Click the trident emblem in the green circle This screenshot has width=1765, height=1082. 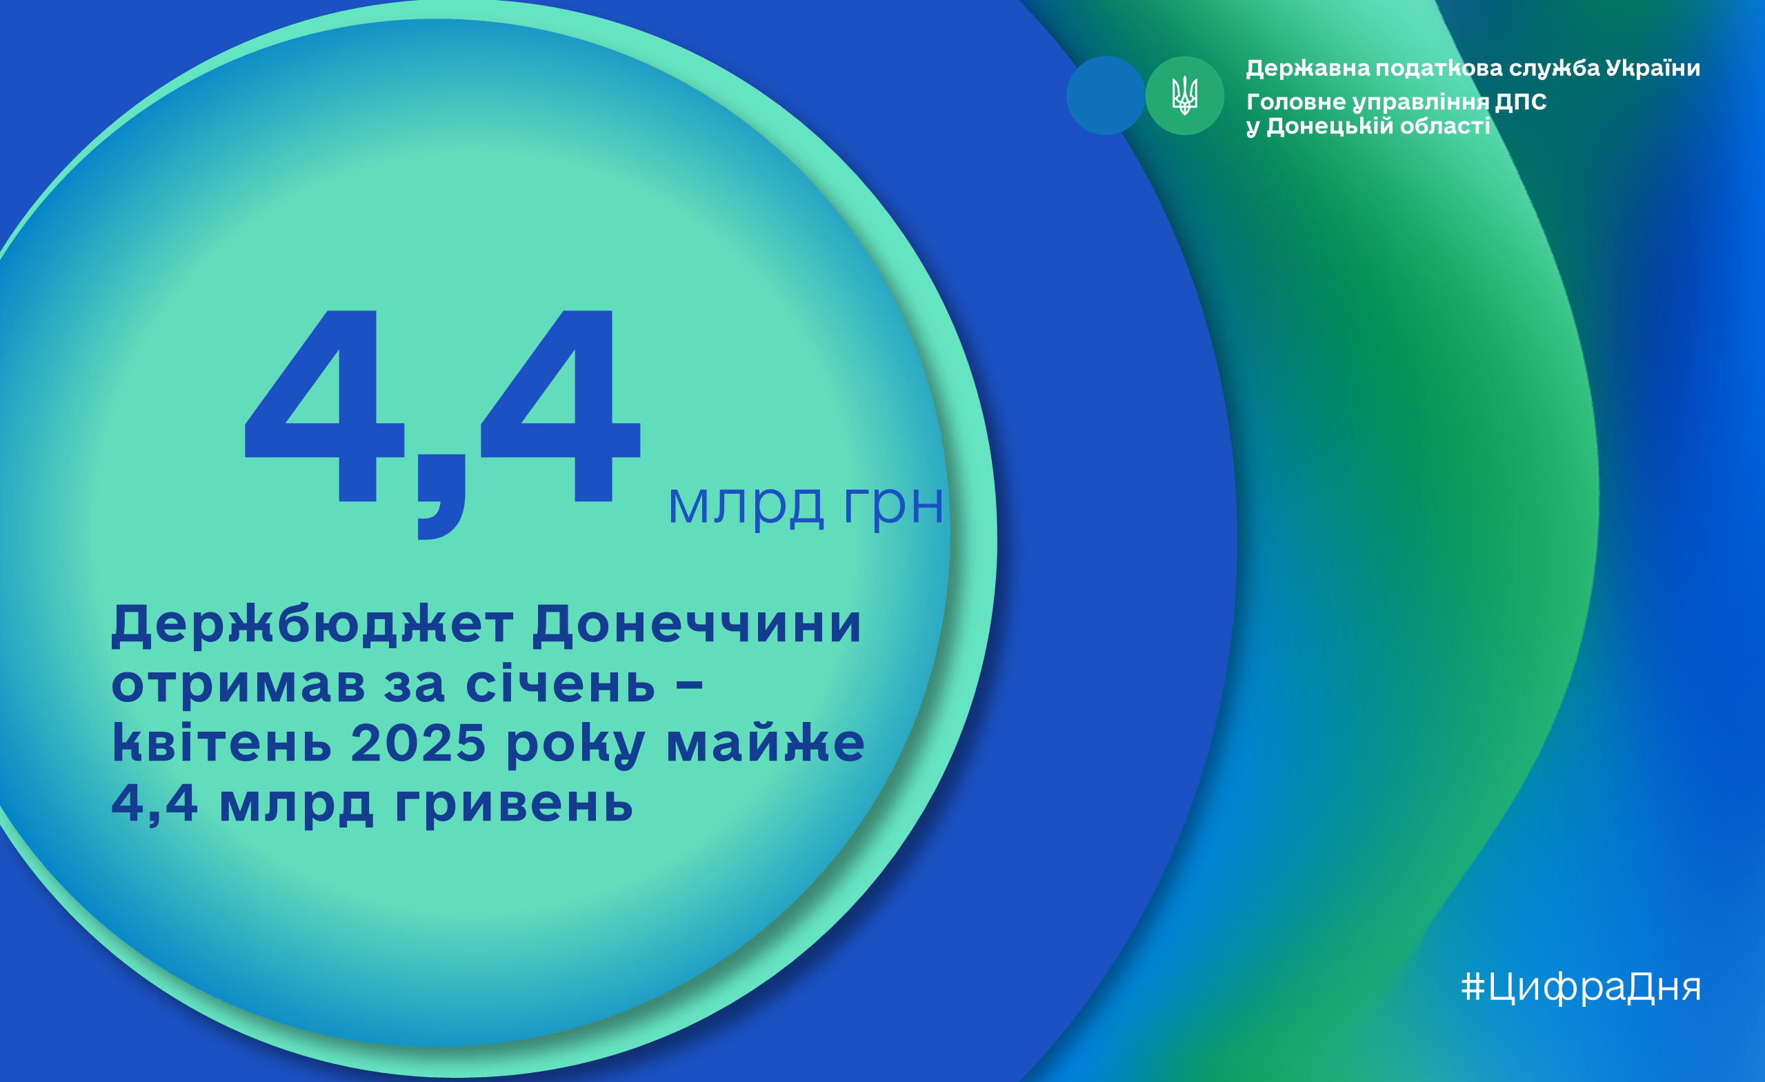(1185, 95)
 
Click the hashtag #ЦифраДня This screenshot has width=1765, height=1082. (1580, 987)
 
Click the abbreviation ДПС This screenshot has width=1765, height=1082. (1521, 102)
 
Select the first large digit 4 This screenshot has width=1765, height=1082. (324, 406)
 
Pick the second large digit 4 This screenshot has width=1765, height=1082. (560, 406)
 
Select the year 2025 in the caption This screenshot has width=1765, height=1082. (419, 743)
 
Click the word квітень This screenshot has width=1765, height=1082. (222, 743)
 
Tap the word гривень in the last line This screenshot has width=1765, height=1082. (514, 803)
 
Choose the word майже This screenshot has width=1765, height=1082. (765, 744)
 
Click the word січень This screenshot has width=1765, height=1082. (560, 684)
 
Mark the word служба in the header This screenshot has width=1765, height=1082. (1555, 69)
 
